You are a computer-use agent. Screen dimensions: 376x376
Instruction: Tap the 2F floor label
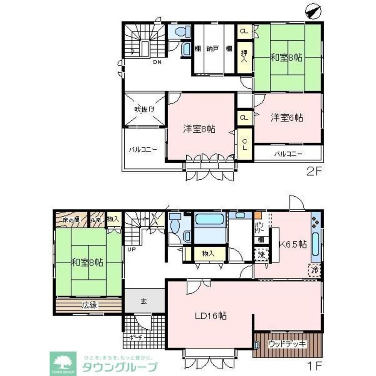point(314,172)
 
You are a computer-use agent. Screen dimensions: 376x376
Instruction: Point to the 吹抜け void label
point(144,109)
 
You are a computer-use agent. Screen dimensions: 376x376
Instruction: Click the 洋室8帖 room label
point(199,129)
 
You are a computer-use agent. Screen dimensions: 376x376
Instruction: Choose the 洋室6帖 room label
point(287,118)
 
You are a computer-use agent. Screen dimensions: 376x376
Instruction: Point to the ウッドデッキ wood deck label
point(288,344)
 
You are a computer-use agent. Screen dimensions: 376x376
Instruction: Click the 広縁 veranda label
point(89,305)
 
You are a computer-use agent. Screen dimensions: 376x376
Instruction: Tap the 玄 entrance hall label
point(144,301)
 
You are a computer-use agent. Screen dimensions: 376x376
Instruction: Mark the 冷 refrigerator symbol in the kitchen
point(315,270)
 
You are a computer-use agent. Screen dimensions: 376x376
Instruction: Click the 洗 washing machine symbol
point(262,255)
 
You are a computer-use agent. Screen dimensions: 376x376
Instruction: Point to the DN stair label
point(157,62)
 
